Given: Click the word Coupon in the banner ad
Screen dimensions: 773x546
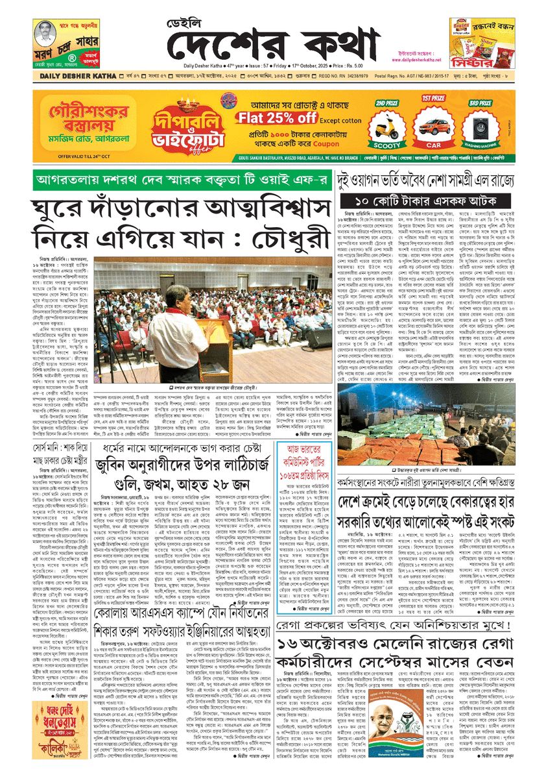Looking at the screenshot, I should click(x=322, y=143).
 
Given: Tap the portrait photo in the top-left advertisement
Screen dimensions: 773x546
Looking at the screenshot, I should click(x=44, y=38).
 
